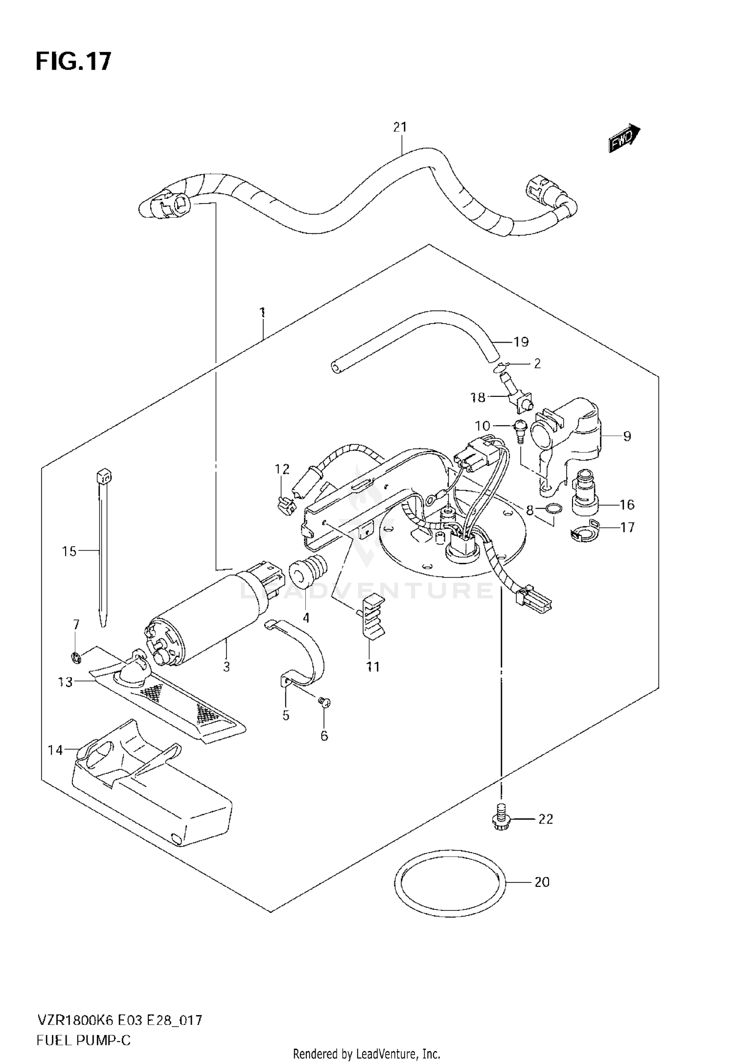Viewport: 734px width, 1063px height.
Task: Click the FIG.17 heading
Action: tap(73, 62)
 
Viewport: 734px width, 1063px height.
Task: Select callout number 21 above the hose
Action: tap(400, 127)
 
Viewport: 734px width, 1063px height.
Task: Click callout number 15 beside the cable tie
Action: tap(69, 552)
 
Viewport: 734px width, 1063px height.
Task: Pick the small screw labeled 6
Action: tap(324, 703)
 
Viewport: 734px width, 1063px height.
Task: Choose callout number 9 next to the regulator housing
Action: tap(627, 436)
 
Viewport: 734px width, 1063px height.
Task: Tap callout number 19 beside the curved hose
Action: tap(521, 342)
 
